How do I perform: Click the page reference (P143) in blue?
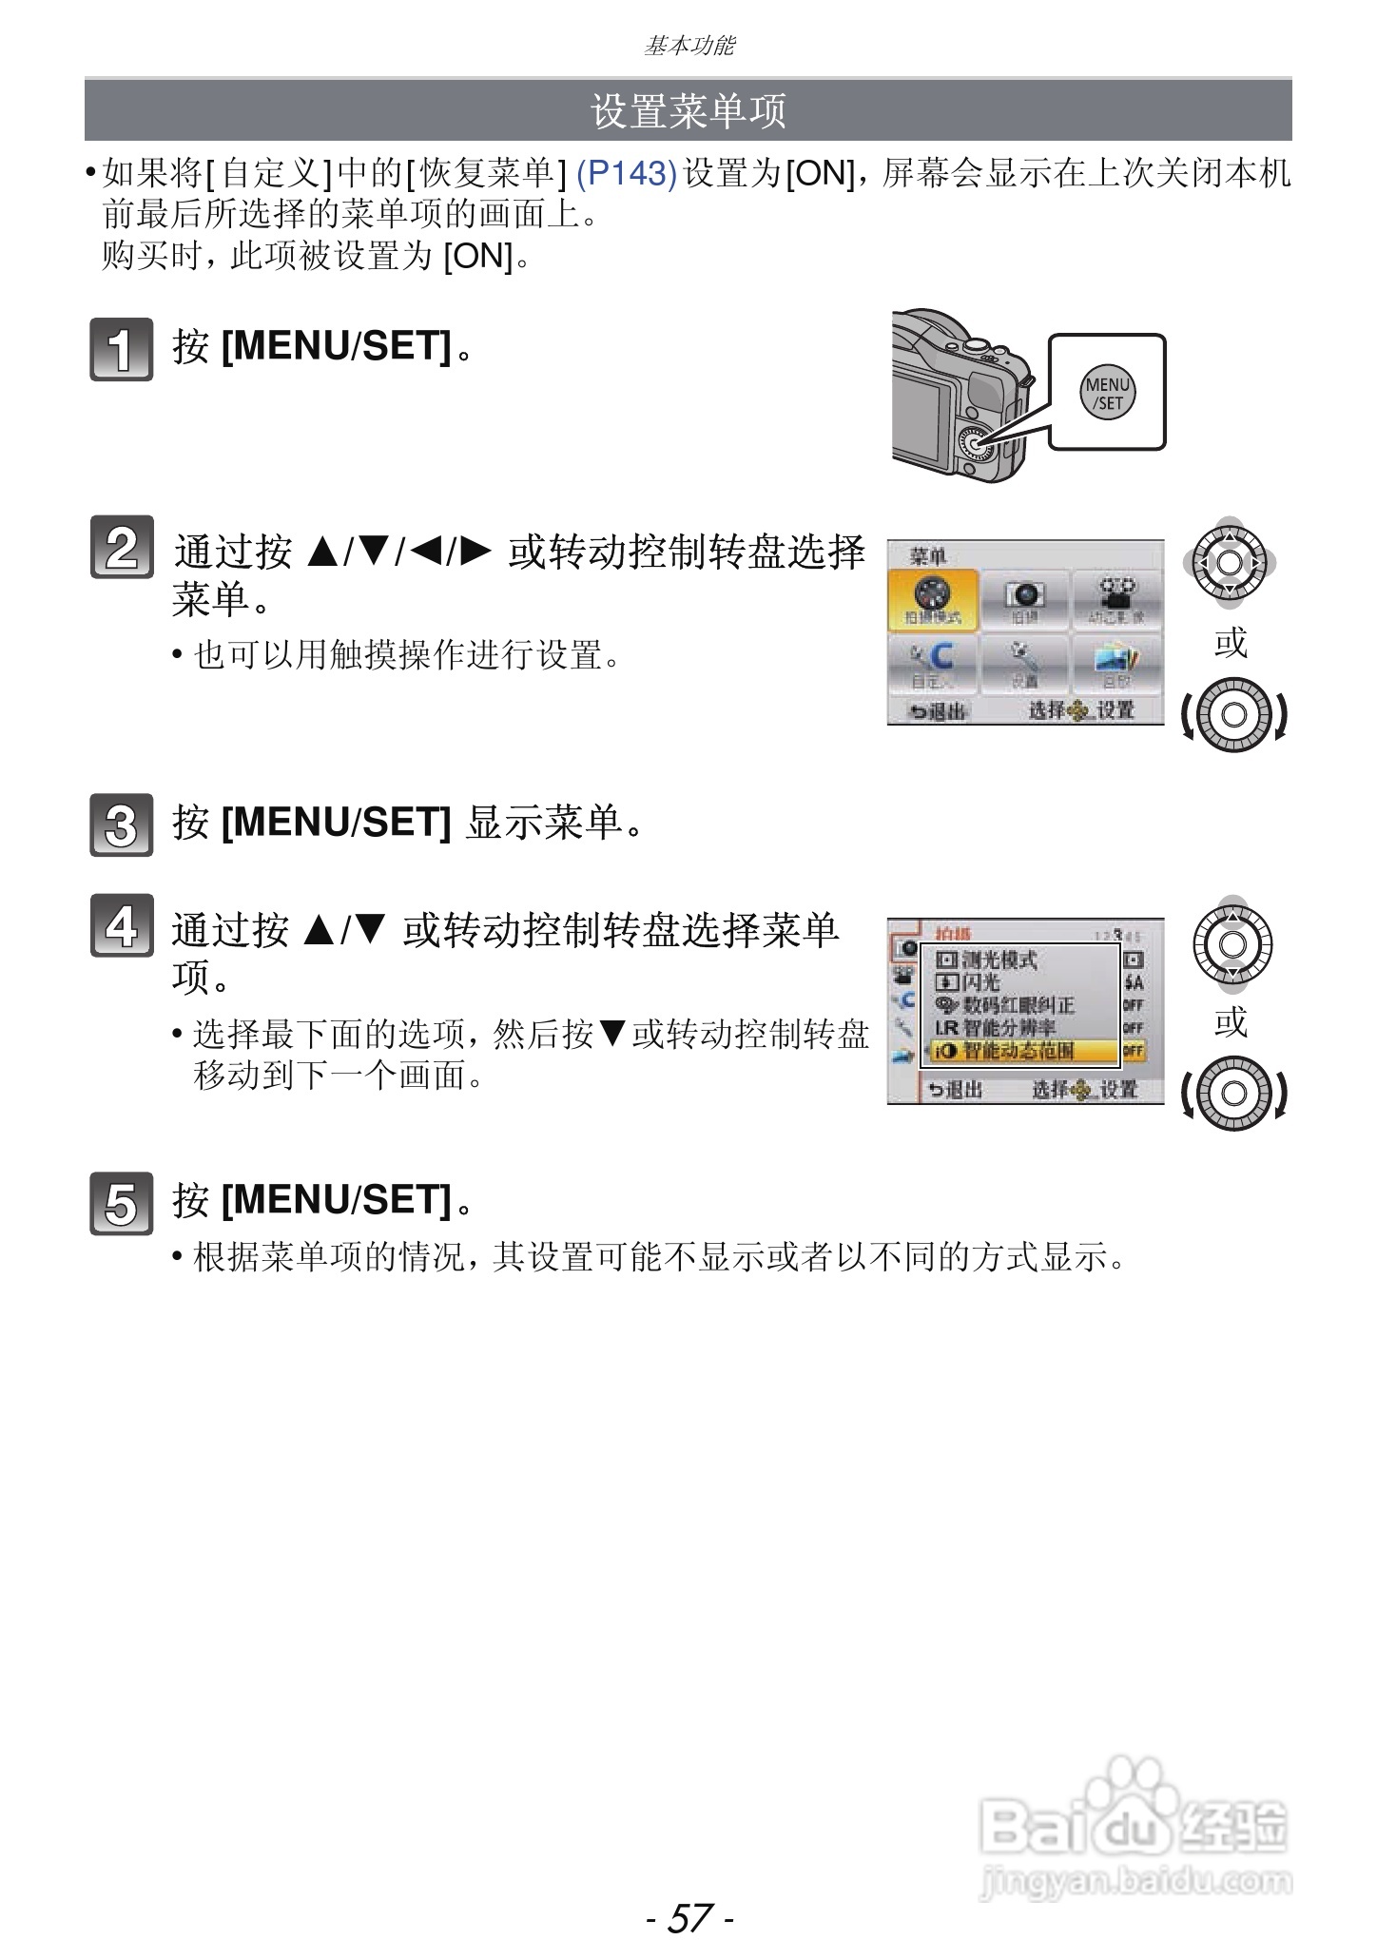627,174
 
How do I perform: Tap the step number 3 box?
121,824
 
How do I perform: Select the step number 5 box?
121,1203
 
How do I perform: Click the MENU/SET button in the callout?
1108,393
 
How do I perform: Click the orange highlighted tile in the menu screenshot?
933,600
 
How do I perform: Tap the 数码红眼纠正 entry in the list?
1016,1005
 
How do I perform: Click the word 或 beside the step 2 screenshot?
1231,644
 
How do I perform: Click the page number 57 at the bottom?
689,1917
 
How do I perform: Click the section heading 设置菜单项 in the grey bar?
688,111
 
